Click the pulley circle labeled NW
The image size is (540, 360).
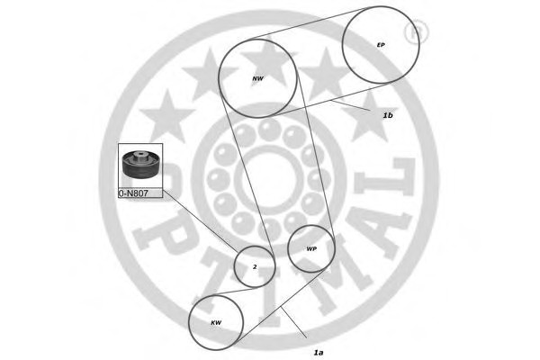[x=258, y=77]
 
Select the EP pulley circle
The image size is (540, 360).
[x=382, y=45]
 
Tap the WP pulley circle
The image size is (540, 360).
[x=310, y=247]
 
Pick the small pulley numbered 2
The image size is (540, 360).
[x=254, y=266]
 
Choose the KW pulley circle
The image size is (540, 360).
[x=216, y=322]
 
